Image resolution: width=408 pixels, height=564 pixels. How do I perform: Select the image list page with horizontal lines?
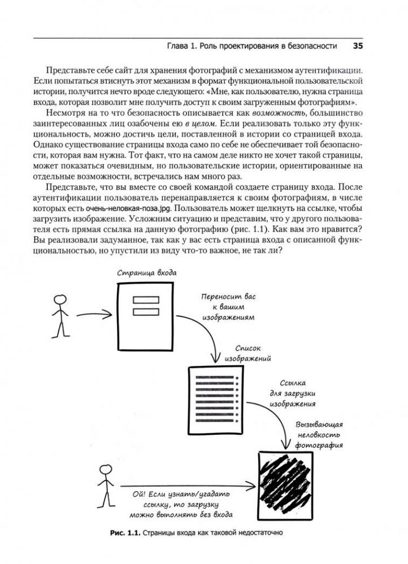pyautogui.click(x=215, y=401)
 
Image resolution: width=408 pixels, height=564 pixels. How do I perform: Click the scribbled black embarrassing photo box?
pyautogui.click(x=284, y=479)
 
